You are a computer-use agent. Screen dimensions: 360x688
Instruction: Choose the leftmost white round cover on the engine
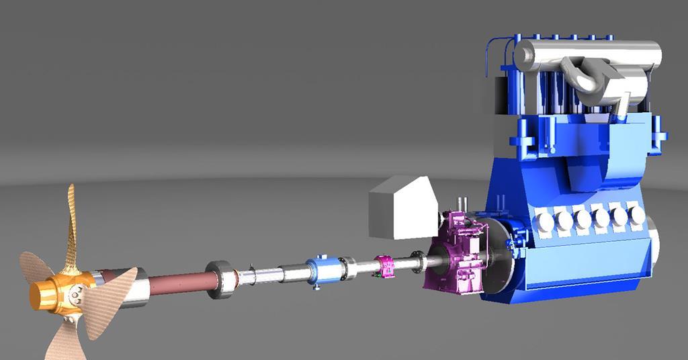point(544,220)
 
